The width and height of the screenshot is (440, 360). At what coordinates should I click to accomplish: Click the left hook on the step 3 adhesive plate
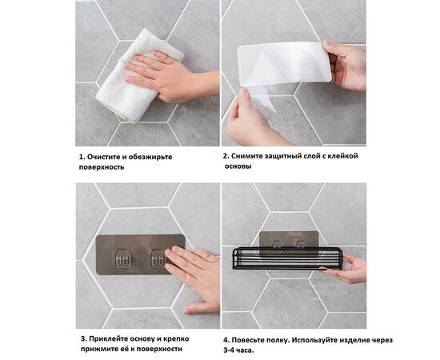[x=122, y=258]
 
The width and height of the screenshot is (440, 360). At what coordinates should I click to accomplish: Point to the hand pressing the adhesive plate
[x=192, y=276]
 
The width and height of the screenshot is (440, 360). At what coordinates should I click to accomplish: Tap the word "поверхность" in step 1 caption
[x=102, y=168]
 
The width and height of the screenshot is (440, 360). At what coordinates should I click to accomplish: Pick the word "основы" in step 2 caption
[x=238, y=166]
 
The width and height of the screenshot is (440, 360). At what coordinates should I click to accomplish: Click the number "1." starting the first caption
[x=82, y=157]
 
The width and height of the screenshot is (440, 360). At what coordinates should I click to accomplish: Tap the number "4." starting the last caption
[x=226, y=339]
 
